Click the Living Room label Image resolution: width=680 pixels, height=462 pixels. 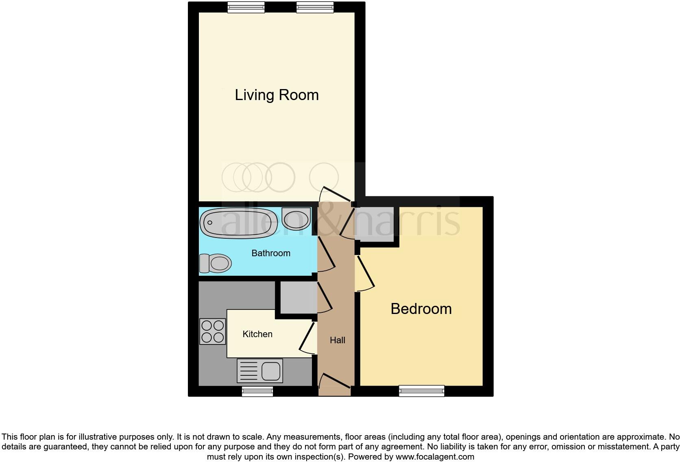click(277, 95)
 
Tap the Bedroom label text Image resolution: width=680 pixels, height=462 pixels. click(421, 309)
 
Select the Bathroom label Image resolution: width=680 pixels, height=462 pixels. click(271, 253)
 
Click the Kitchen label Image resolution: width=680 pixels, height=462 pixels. click(257, 334)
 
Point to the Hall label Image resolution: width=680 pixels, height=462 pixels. click(338, 340)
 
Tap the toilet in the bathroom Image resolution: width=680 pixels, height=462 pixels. click(215, 263)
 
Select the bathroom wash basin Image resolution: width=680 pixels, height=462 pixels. click(296, 218)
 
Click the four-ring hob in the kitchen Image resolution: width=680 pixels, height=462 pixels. click(213, 331)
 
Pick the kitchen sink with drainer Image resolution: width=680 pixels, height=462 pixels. click(260, 370)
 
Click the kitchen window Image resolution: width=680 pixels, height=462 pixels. click(257, 392)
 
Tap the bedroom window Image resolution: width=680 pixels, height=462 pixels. click(422, 391)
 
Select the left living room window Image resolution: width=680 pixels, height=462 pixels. click(246, 7)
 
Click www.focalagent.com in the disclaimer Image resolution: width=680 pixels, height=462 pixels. click(435, 457)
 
